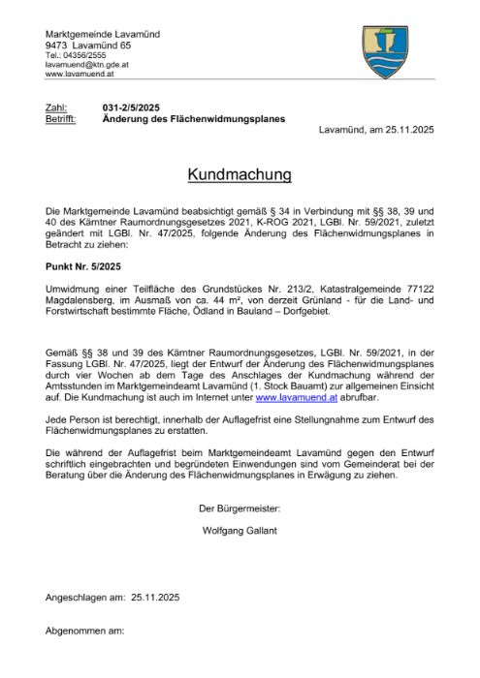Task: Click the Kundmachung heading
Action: pyautogui.click(x=239, y=175)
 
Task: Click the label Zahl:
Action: pyautogui.click(x=56, y=108)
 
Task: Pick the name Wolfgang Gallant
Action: pyautogui.click(x=239, y=530)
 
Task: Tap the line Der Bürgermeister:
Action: pyautogui.click(x=239, y=508)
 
